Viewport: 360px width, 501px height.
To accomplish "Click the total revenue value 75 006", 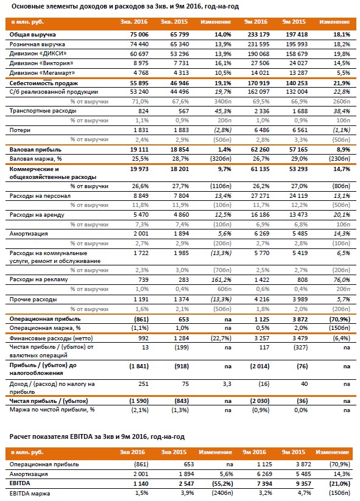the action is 139,35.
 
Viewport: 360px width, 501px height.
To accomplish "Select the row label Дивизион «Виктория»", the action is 41,63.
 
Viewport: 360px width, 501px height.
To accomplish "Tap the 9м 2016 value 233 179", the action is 258,35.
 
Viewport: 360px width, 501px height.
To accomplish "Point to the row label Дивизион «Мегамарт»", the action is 42,73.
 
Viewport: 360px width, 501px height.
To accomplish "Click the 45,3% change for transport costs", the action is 223,111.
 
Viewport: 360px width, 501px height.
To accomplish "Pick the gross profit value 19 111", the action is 139,150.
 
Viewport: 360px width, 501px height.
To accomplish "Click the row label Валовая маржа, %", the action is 35,159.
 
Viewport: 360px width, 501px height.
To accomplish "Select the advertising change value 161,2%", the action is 222,280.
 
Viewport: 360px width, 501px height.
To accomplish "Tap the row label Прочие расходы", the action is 34,300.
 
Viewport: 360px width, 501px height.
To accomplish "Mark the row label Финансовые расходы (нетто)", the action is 51,338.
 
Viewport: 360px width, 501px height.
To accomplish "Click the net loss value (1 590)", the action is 139,401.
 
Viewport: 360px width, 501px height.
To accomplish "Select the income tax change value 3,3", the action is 227,384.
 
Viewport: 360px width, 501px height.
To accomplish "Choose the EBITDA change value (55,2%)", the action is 222,484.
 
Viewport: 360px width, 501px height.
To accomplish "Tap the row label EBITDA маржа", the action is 30,493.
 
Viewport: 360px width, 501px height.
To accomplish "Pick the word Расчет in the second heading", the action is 19,437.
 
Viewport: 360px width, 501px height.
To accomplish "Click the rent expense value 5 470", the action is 141,215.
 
